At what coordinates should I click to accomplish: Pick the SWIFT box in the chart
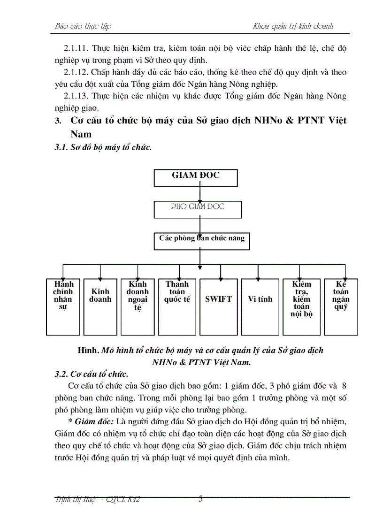(218, 306)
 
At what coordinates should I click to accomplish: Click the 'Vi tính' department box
(260, 306)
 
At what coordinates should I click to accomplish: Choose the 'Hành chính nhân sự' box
(63, 306)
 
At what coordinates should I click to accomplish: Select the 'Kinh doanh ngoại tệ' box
(138, 306)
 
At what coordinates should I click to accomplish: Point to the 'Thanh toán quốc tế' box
(177, 306)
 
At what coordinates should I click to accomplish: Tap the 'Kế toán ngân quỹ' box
(341, 306)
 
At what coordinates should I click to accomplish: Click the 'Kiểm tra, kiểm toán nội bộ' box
(301, 306)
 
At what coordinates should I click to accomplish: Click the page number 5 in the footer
(201, 499)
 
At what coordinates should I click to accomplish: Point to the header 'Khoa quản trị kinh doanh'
(293, 26)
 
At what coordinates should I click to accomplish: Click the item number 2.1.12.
(76, 72)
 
